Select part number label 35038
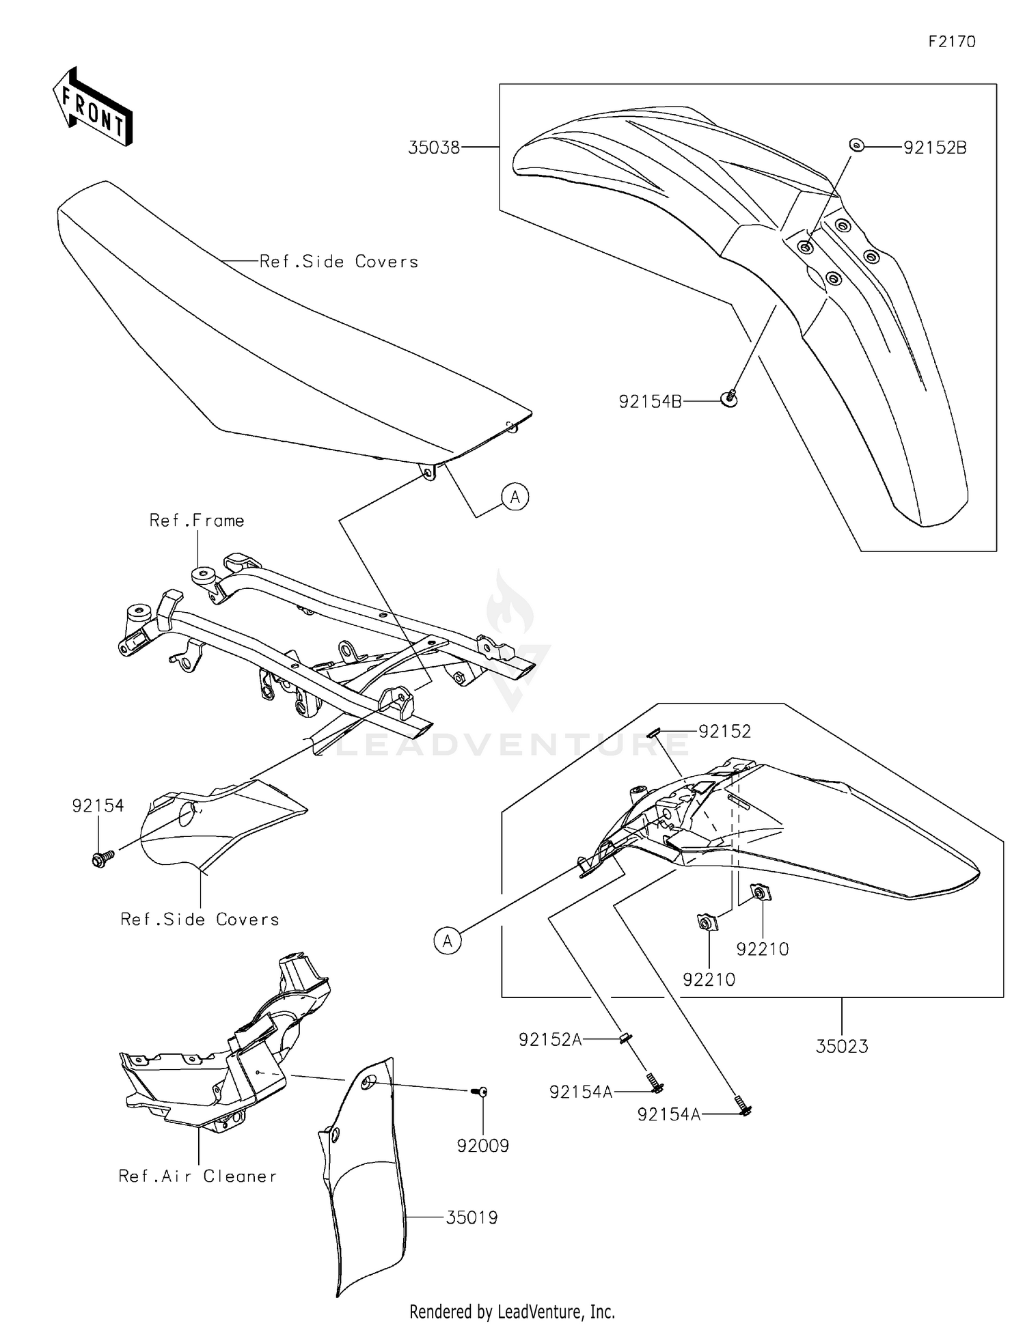tap(433, 147)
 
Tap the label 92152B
tap(935, 148)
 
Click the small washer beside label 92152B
tap(856, 145)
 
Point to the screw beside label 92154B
tap(730, 398)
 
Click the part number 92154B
tap(650, 402)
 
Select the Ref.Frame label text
tap(197, 521)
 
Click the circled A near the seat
tap(515, 497)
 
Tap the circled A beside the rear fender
tap(448, 941)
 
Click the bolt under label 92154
tap(99, 859)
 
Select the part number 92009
tap(483, 1146)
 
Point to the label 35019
tap(471, 1217)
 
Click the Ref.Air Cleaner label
tap(197, 1176)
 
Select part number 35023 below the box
tap(842, 1046)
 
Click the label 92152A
tap(550, 1039)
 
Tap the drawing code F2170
tap(951, 42)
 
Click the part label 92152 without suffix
tap(724, 731)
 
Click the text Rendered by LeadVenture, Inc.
tap(512, 1311)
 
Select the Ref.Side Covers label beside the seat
tap(339, 262)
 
